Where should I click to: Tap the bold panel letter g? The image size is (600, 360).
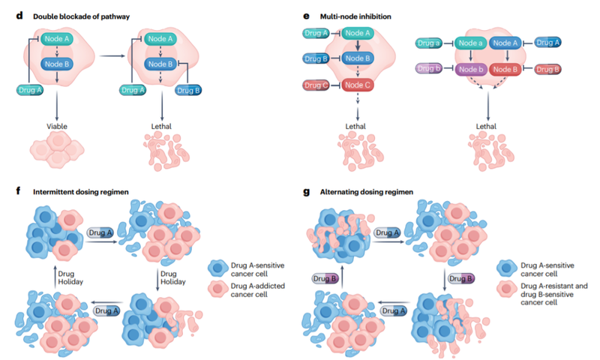(x=306, y=192)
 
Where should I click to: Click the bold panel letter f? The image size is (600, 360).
(x=16, y=192)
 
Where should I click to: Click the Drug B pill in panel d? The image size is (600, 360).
(x=187, y=90)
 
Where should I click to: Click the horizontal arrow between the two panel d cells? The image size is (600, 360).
(x=112, y=55)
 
